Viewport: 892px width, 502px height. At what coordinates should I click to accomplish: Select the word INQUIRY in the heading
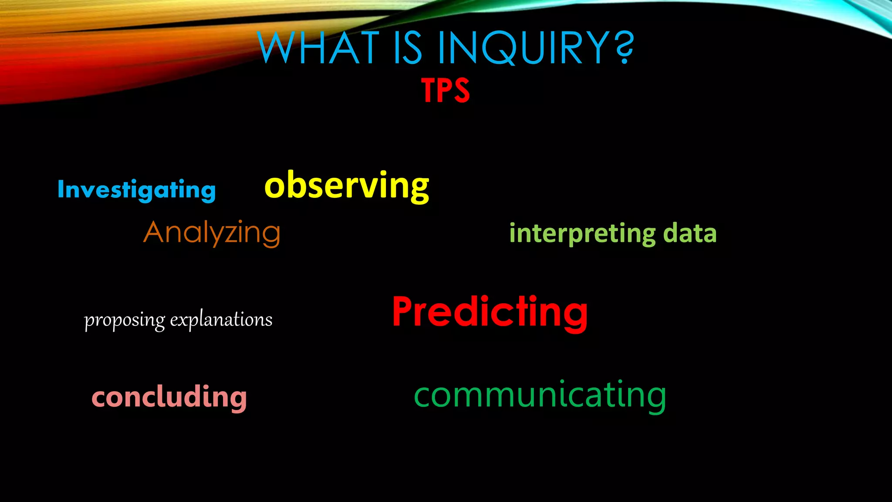(x=523, y=47)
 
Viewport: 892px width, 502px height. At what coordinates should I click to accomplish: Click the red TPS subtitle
(x=446, y=91)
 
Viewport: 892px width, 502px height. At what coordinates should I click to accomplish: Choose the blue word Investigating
(x=137, y=190)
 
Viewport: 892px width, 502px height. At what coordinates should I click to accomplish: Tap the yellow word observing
(x=347, y=186)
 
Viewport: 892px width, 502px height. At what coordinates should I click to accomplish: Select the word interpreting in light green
(x=582, y=233)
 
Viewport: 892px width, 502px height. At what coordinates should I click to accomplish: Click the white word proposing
(x=125, y=320)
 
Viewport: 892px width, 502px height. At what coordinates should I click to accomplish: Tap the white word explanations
(x=221, y=319)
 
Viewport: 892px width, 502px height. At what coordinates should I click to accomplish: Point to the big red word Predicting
(x=490, y=312)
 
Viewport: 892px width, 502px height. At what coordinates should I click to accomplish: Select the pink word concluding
(x=169, y=397)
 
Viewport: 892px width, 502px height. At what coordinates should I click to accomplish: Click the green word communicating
(x=540, y=395)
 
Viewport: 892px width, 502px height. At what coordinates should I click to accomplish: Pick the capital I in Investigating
(x=61, y=190)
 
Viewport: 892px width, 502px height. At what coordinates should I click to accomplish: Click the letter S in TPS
(x=461, y=91)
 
